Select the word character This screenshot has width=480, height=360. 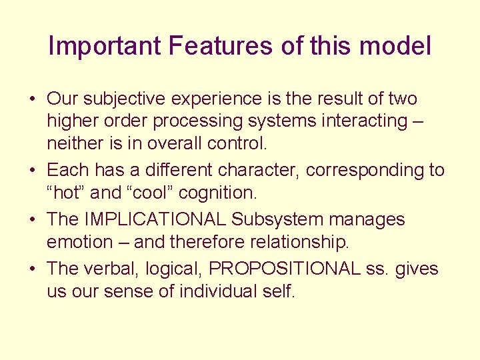pos(259,171)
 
